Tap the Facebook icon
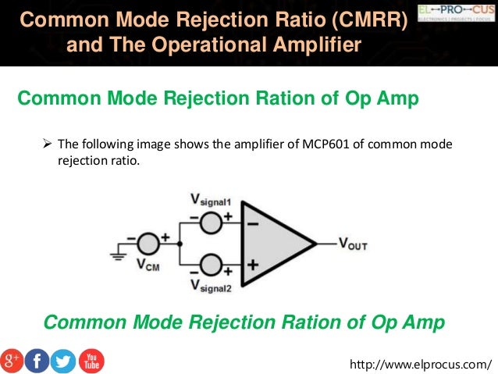click(x=37, y=361)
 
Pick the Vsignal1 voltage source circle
click(x=211, y=221)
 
